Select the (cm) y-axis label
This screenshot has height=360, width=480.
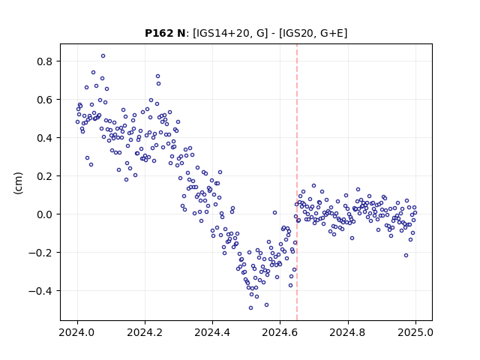(x=18, y=183)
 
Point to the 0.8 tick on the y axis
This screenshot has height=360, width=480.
(x=45, y=61)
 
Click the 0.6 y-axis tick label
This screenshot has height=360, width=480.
(x=45, y=100)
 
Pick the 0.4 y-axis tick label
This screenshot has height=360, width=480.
(x=45, y=138)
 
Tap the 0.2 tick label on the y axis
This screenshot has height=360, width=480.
(x=45, y=176)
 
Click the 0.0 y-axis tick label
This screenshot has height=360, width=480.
(x=45, y=214)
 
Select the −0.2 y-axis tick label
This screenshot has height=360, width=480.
(x=41, y=253)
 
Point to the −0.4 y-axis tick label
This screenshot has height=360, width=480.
(x=41, y=291)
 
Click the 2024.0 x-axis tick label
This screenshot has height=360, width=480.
(x=77, y=332)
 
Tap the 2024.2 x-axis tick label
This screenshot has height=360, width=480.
(x=145, y=332)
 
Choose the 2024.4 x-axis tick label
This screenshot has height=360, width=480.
(x=212, y=332)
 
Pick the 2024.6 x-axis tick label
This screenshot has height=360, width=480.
(x=280, y=332)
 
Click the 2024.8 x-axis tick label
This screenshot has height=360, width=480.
(x=347, y=332)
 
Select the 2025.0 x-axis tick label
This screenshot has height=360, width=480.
(x=415, y=332)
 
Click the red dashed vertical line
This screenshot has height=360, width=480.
(x=297, y=182)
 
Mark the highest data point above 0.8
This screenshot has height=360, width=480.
(x=103, y=56)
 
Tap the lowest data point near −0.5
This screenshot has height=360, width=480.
(x=250, y=308)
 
